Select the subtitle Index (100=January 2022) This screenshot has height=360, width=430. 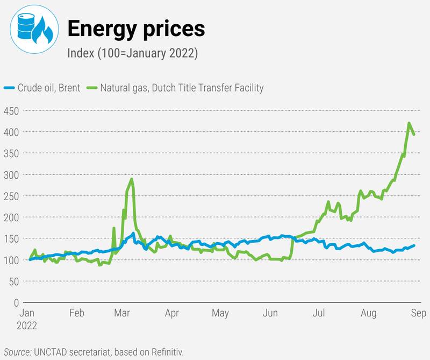click(133, 53)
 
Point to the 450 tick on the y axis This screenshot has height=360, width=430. click(10, 111)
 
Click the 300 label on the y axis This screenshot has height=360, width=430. click(10, 175)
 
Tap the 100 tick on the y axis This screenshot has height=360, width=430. click(10, 260)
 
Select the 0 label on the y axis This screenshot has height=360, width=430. click(16, 303)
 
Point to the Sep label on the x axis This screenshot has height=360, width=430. click(411, 313)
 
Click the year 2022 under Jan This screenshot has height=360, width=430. click(27, 325)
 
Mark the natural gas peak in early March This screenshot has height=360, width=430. click(132, 179)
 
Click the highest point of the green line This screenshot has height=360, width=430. click(409, 123)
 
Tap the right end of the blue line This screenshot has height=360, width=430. click(414, 245)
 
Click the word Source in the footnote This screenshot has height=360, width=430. click(17, 352)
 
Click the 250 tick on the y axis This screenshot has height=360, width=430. click(10, 196)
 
